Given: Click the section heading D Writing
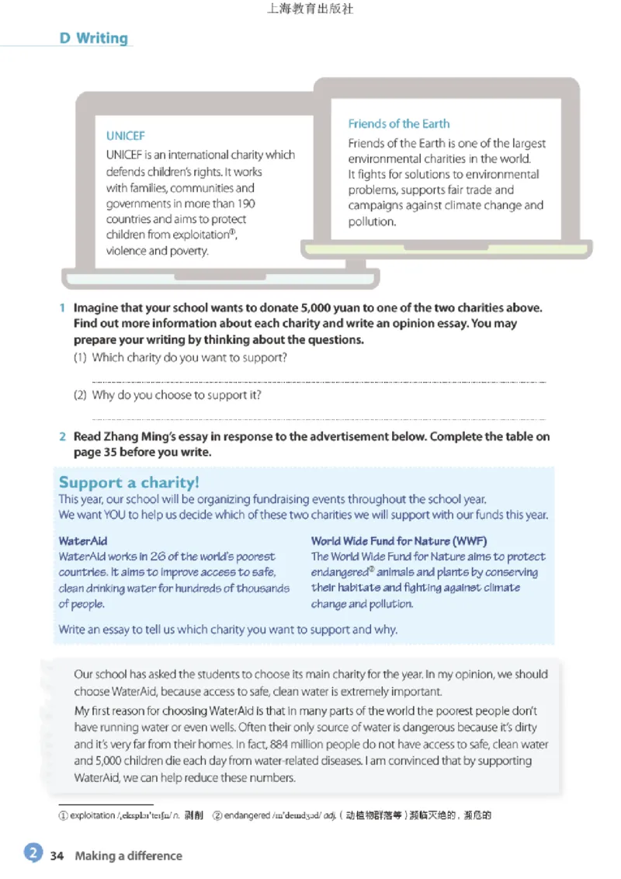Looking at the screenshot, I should pos(93,38).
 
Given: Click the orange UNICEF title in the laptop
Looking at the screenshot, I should pos(125,136).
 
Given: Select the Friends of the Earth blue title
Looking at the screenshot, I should pos(398,123).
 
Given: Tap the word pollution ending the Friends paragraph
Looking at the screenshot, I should pos(372,221).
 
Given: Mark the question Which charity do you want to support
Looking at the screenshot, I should pos(189,358).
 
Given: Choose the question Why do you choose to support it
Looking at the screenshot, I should pos(176,394).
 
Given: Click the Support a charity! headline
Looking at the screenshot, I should pos(129,483).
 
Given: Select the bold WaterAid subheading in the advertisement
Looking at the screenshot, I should pos(82,540).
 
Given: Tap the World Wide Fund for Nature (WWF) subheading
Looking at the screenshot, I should pos(398,540).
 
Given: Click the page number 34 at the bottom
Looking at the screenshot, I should pos(57,856).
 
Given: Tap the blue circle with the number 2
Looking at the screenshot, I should pos(33,853).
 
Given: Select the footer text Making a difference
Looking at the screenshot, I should pos(128,856).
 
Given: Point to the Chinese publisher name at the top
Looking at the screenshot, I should pos(310,10).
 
